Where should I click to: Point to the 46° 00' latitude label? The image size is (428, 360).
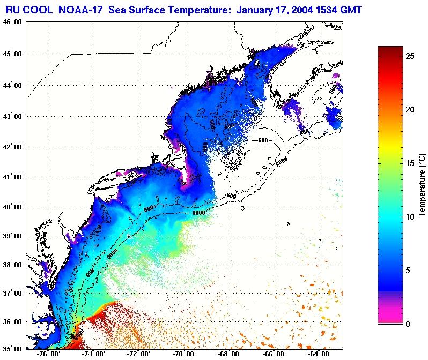(x=12, y=21)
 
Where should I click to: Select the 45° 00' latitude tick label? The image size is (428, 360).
(x=12, y=54)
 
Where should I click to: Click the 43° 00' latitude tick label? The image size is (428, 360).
(x=12, y=116)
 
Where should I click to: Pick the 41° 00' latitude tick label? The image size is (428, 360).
(x=12, y=177)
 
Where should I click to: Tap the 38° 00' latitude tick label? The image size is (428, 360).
(x=12, y=265)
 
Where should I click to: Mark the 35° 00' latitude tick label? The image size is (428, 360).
(x=12, y=348)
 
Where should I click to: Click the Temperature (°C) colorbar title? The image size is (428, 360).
(x=422, y=185)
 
